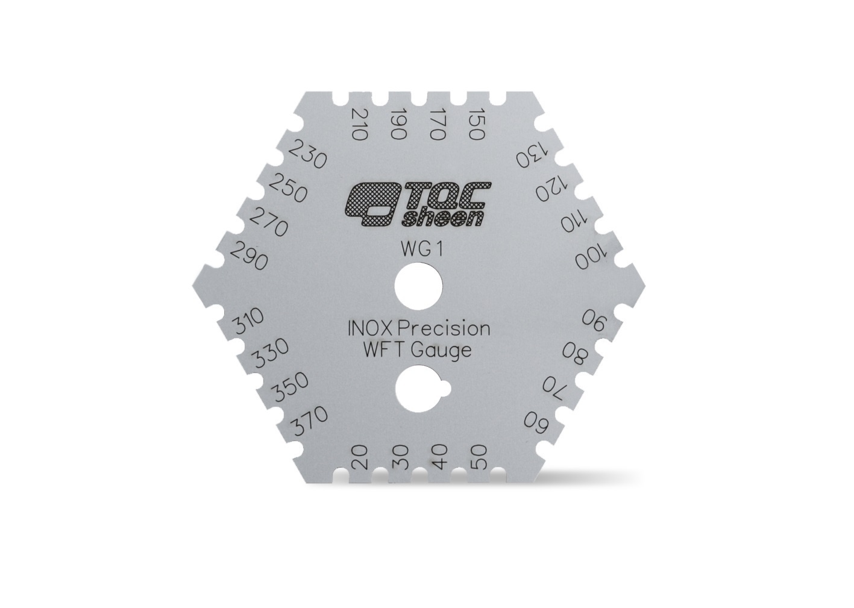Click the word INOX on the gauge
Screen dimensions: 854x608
click(371, 328)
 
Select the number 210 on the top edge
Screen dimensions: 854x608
click(359, 125)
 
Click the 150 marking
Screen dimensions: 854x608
click(477, 124)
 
